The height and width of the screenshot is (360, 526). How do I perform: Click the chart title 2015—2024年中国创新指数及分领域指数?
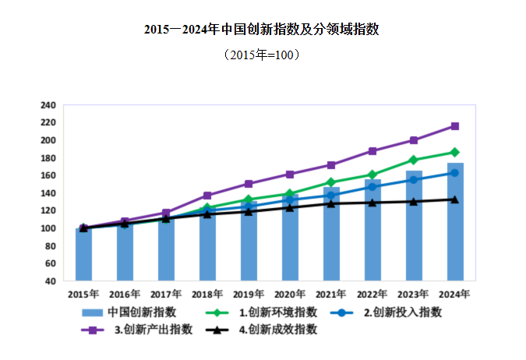tap(262, 30)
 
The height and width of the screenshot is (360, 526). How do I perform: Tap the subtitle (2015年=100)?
tap(262, 55)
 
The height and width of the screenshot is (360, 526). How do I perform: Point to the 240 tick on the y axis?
tap(48, 105)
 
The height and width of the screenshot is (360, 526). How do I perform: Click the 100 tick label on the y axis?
tap(48, 228)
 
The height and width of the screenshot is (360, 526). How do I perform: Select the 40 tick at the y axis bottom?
tap(50, 281)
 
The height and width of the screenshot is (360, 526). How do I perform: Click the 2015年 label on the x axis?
tap(83, 295)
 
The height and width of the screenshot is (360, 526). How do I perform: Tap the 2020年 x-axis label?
tap(290, 295)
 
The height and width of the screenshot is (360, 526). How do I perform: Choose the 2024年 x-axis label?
tap(454, 295)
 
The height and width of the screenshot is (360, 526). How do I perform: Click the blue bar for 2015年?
tap(83, 254)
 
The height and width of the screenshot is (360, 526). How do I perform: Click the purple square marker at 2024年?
tap(454, 126)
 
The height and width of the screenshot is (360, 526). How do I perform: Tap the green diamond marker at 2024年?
tap(454, 152)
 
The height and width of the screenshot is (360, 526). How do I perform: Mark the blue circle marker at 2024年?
tap(454, 173)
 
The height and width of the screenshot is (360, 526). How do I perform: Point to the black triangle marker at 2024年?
tap(454, 199)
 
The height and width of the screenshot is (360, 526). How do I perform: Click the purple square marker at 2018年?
tap(207, 196)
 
